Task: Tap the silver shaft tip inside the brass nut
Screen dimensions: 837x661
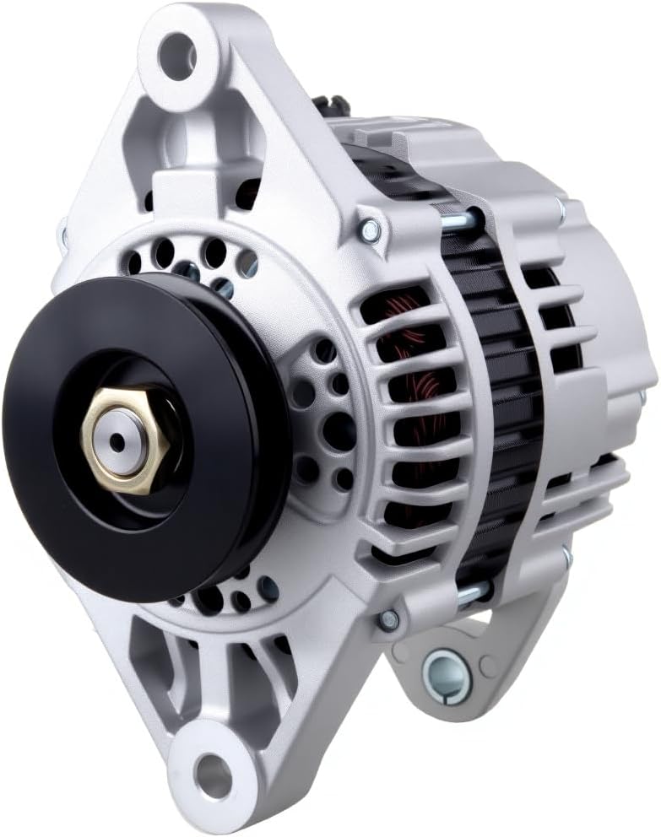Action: pyautogui.click(x=117, y=440)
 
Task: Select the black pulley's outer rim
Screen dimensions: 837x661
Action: pyautogui.click(x=34, y=506)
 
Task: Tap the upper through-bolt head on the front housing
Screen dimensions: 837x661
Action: pyautogui.click(x=368, y=228)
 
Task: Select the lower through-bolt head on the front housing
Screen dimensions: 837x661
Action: pyautogui.click(x=388, y=620)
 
